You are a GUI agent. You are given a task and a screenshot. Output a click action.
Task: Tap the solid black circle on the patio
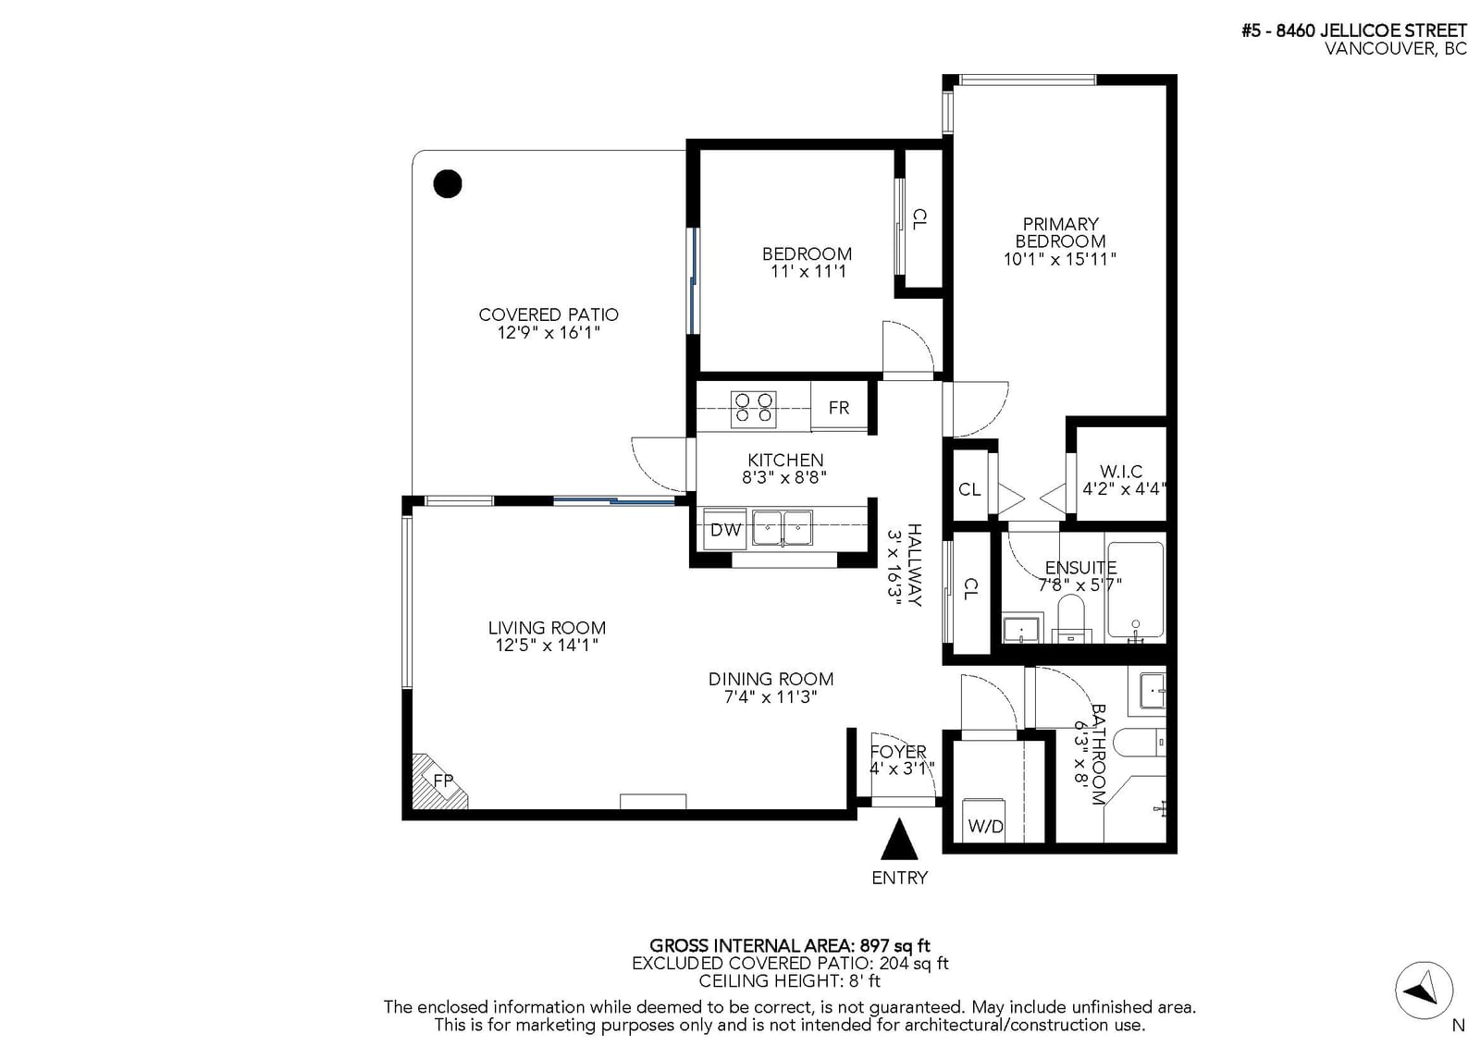448,184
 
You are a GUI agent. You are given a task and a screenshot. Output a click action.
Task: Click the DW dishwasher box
725,529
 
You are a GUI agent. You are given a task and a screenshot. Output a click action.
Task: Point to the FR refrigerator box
839,407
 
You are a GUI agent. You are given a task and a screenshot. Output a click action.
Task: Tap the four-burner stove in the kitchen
753,409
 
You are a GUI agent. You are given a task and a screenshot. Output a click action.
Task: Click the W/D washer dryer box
984,820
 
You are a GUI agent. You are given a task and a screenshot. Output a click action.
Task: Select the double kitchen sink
783,528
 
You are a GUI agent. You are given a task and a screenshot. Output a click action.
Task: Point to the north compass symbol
1424,991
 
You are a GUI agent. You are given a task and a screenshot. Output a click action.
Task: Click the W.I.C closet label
1121,472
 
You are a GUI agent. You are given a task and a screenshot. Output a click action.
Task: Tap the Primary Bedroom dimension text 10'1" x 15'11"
1060,259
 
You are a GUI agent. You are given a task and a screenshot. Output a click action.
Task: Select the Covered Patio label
549,314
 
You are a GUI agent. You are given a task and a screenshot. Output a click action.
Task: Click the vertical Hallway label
915,565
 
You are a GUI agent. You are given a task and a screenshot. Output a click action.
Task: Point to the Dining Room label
771,679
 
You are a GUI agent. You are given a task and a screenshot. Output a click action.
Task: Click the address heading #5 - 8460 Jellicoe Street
1354,31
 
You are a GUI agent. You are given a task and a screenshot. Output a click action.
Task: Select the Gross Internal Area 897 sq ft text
790,945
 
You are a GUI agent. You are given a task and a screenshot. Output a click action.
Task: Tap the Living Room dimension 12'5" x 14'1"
547,645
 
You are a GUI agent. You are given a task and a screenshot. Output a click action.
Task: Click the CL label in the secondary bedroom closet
919,218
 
